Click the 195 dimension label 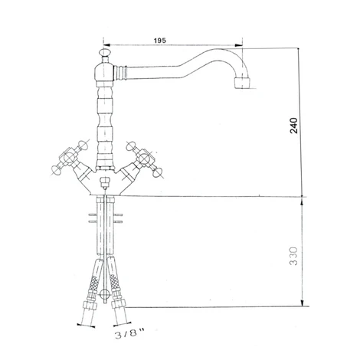point(160,41)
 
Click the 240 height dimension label point(294,126)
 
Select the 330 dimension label point(294,256)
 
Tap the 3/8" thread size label point(129,334)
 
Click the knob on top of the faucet point(103,52)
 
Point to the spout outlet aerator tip point(242,83)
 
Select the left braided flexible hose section point(94,284)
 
